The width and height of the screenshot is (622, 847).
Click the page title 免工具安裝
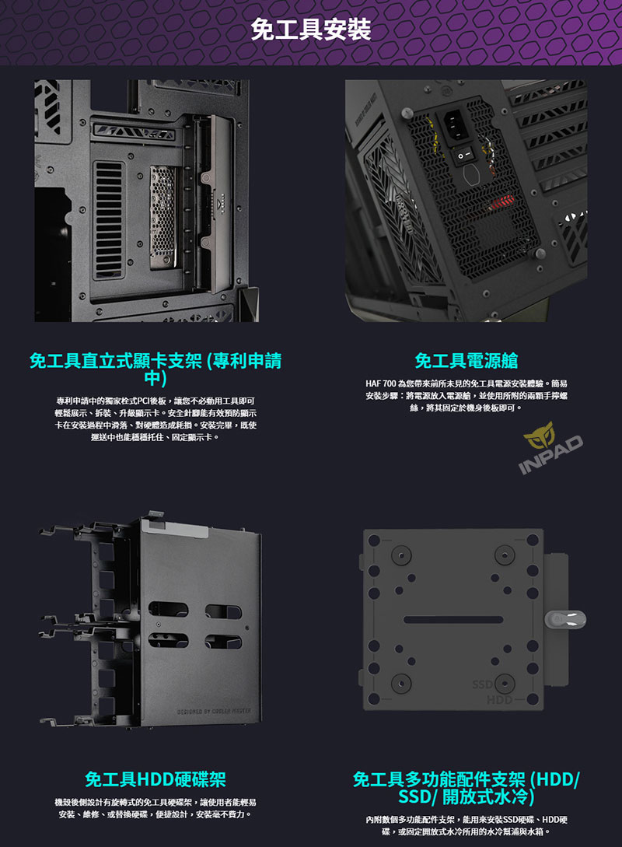pos(311,30)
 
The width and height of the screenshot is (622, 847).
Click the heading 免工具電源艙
pos(466,360)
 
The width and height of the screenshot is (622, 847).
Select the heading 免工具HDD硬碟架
pos(155,779)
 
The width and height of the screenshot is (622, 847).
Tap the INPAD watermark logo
pos(550,448)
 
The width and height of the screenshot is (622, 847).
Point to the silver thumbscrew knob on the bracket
pos(565,620)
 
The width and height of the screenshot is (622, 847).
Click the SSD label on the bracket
pos(481,684)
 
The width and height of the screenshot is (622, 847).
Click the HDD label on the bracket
pos(499,700)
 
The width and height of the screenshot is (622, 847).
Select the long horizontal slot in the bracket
pos(453,620)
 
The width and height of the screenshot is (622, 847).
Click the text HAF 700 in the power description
pos(381,383)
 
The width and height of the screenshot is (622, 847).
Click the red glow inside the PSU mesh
pos(500,203)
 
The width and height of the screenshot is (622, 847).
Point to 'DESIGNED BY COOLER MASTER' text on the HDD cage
pos(213,711)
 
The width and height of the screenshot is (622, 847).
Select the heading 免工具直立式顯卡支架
pos(117,360)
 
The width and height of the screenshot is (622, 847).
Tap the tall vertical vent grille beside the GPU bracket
pos(109,219)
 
